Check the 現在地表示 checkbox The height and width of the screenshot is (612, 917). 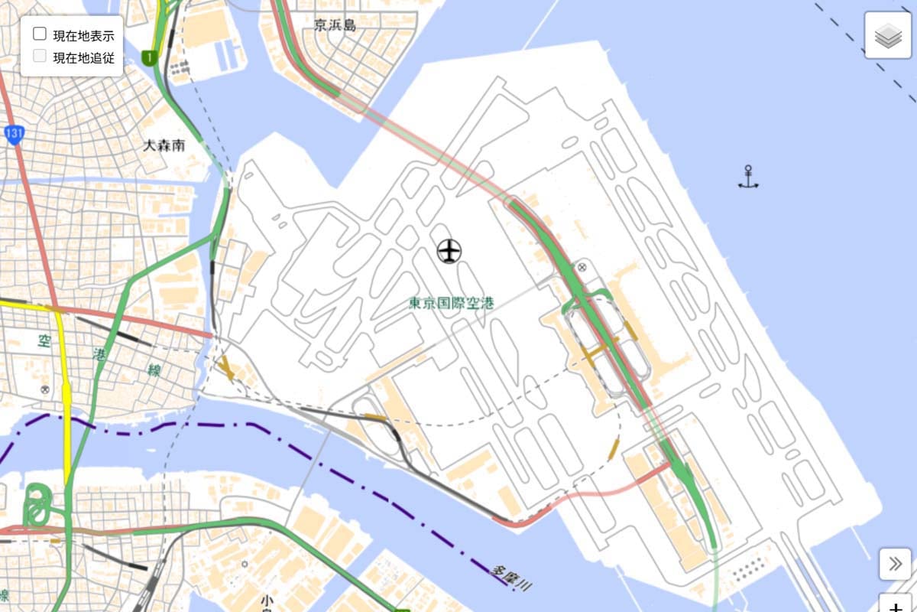(x=40, y=34)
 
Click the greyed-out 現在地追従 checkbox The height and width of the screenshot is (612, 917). (x=40, y=56)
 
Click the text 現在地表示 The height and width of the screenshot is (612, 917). (x=83, y=35)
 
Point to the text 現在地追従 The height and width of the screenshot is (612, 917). (x=83, y=57)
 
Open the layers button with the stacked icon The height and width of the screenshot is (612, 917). (x=888, y=36)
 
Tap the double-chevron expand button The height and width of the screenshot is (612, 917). (x=895, y=565)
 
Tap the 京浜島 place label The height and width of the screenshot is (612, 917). (x=335, y=25)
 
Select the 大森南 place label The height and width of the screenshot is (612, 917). (x=164, y=145)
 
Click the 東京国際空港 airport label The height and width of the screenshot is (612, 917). (x=452, y=303)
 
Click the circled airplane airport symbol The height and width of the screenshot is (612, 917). (x=449, y=250)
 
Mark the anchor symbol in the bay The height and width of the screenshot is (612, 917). (x=748, y=177)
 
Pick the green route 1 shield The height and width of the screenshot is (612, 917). (x=151, y=57)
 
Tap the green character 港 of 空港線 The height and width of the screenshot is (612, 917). (x=100, y=353)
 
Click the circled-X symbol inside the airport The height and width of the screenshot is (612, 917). (x=582, y=267)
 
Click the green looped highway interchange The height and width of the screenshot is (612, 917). (x=36, y=506)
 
